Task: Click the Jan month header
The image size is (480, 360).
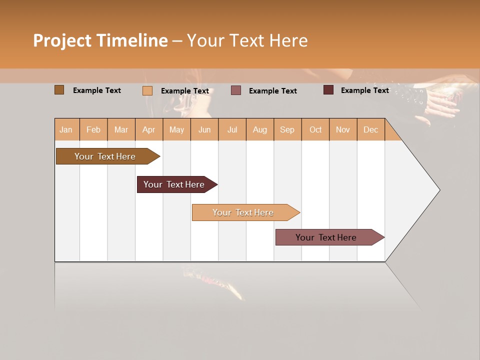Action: tap(66, 129)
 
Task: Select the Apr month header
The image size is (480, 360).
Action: tap(149, 129)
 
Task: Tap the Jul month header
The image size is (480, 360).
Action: tap(232, 129)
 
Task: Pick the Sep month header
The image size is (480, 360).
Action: tap(287, 129)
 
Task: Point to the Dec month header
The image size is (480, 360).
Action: tap(370, 129)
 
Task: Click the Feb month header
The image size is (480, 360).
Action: tap(93, 129)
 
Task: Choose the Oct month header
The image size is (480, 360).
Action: tap(315, 129)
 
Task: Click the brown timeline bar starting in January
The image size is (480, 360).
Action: tap(105, 156)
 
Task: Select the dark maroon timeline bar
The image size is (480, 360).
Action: tap(174, 184)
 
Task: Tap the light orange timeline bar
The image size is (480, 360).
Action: tap(243, 212)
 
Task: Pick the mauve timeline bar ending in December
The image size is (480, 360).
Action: tap(326, 237)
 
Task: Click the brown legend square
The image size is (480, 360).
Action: tap(59, 90)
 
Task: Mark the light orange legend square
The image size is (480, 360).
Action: tap(147, 90)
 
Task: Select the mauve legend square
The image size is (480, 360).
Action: tap(236, 90)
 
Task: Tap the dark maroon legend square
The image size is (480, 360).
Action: tap(328, 90)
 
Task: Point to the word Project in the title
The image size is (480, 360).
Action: tap(62, 40)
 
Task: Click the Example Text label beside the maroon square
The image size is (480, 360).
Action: tap(364, 90)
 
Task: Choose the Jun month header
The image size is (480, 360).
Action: tap(204, 129)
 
